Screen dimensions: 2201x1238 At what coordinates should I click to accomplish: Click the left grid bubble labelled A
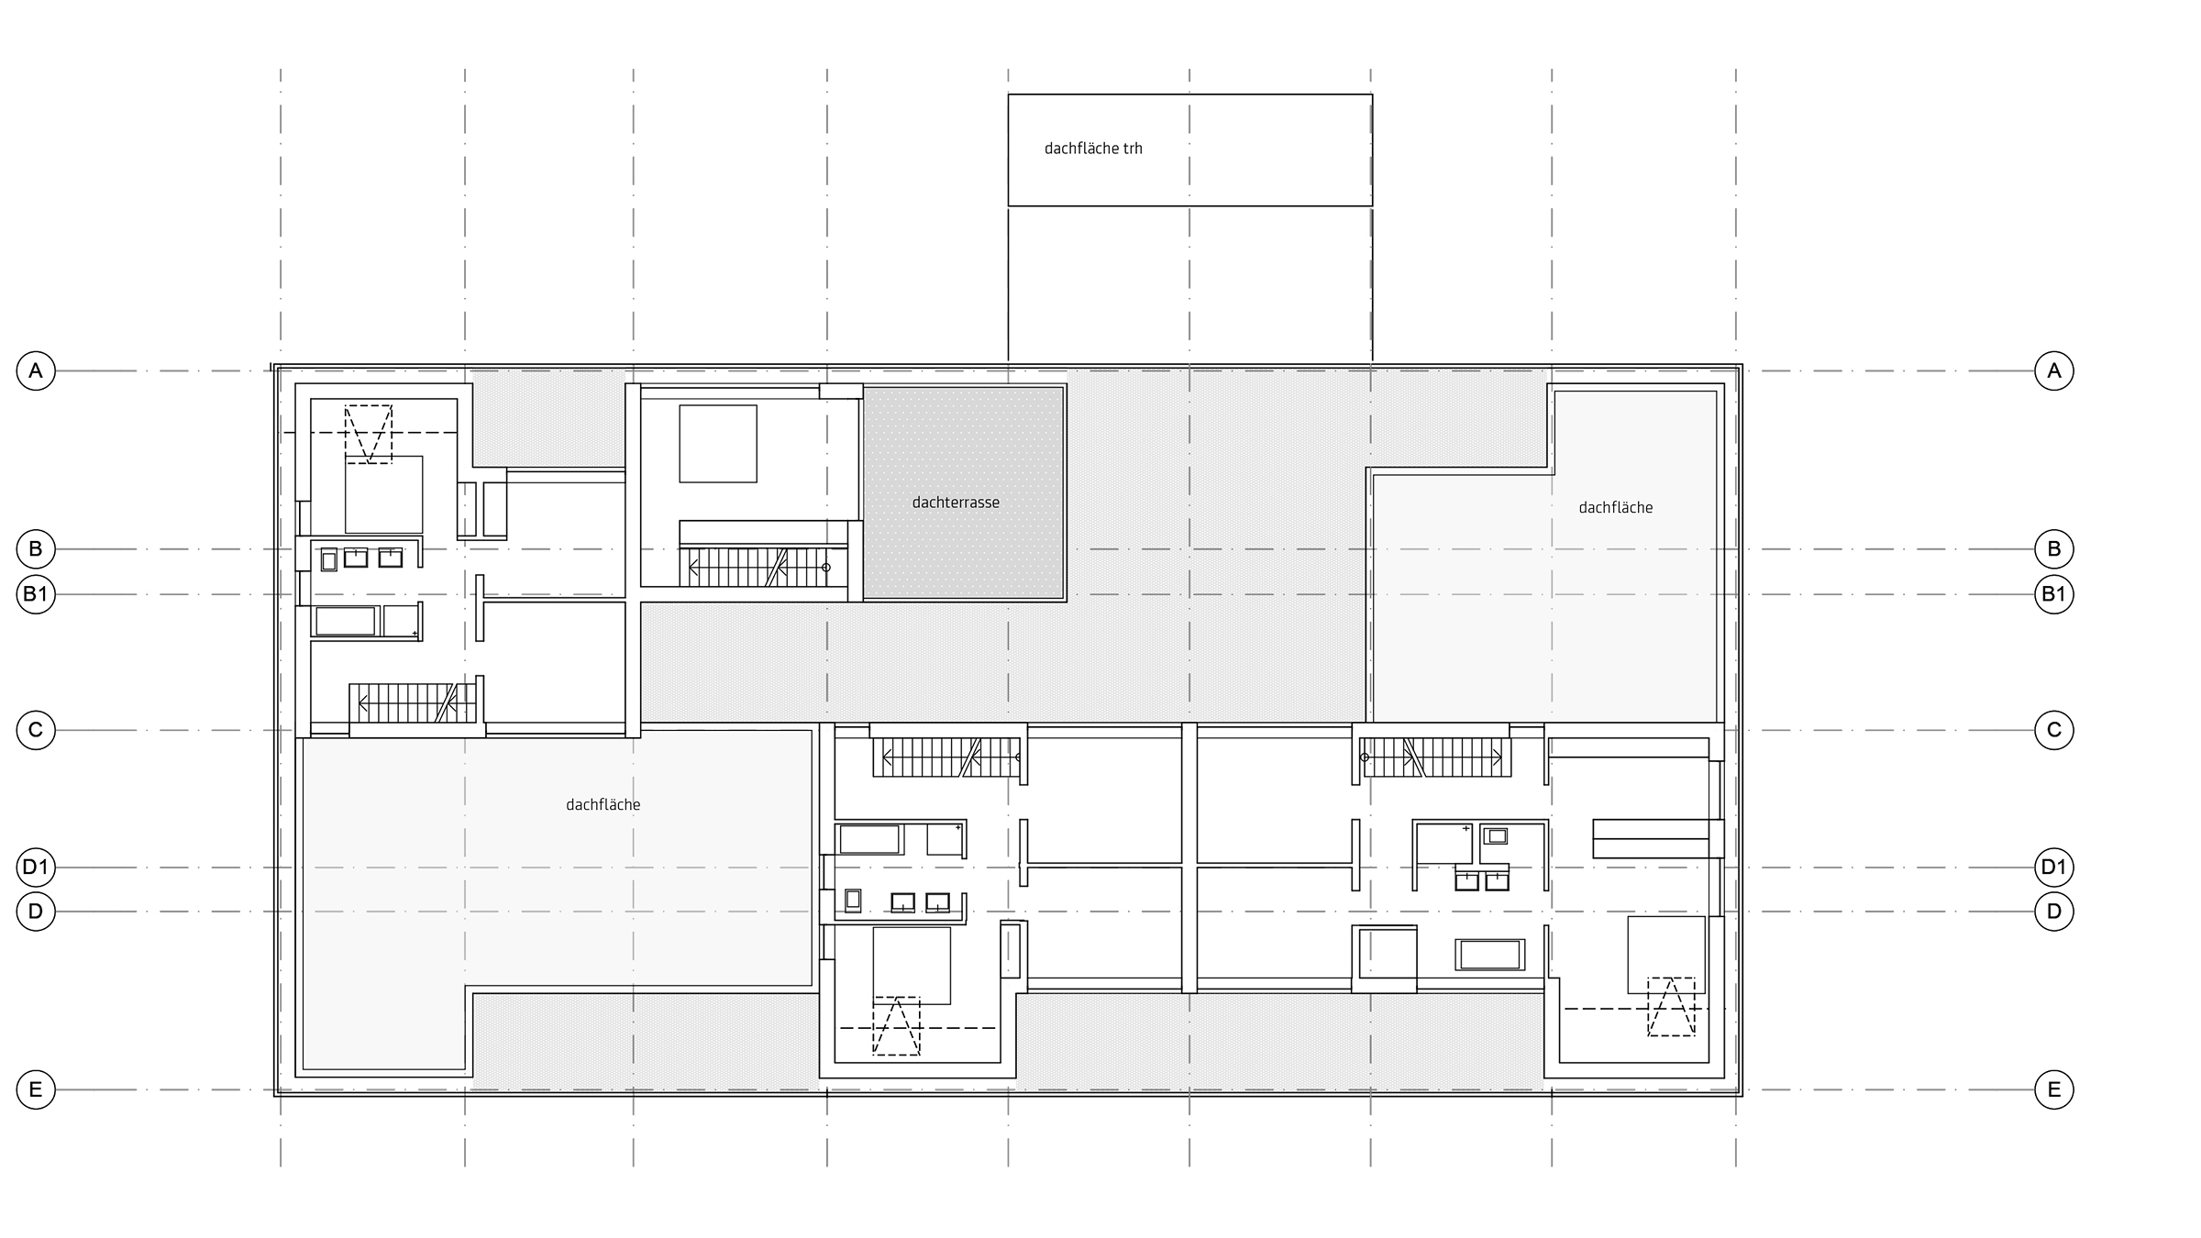36,370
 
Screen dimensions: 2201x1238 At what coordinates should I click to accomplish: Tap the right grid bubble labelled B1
2054,594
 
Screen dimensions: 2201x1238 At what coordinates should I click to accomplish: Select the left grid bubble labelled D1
36,867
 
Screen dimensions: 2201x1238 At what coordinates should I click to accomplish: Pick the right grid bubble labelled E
2054,1089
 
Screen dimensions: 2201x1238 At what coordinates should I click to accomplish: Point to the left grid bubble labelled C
36,730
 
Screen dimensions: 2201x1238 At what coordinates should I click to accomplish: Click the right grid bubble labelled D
2054,912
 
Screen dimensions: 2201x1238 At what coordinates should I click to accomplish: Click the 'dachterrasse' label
956,503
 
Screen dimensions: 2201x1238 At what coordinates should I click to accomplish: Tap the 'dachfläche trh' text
1093,149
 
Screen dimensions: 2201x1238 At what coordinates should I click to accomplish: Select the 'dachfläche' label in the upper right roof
1616,507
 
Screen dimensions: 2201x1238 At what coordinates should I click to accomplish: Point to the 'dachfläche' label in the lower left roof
603,805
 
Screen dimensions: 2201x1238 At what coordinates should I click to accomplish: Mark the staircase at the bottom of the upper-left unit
414,703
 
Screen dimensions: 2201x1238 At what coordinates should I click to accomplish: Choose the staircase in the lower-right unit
1435,757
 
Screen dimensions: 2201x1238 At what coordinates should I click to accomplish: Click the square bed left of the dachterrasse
718,444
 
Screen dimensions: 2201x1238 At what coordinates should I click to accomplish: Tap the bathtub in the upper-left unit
346,621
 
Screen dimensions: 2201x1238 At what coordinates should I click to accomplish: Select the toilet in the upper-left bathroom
328,560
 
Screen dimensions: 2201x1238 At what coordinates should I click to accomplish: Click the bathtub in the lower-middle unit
869,839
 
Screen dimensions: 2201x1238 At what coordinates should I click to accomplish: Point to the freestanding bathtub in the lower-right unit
1490,955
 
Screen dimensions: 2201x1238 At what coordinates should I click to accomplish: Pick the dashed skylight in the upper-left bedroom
368,434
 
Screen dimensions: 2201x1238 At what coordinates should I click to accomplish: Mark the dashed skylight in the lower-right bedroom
1671,1006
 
